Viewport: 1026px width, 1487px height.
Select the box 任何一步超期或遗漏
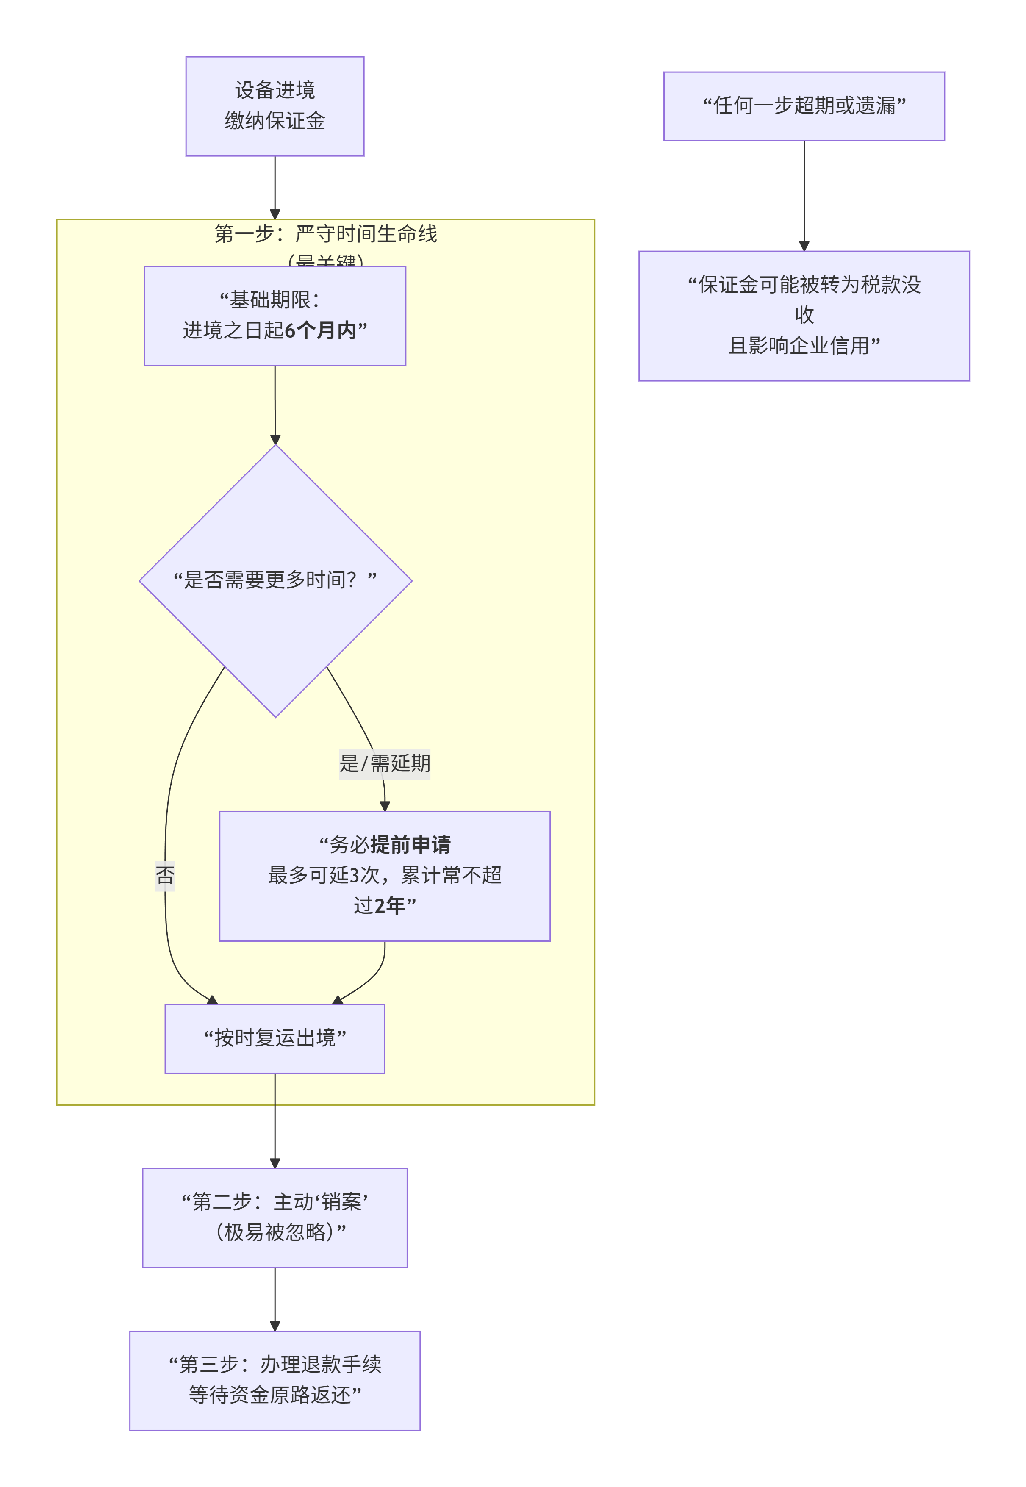[804, 106]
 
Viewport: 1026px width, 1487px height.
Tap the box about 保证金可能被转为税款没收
[804, 315]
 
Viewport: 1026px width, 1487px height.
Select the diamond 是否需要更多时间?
[275, 580]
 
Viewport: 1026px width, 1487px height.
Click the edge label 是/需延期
[384, 764]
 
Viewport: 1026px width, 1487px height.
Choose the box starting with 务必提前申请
[384, 876]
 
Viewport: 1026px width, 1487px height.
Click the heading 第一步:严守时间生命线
[325, 234]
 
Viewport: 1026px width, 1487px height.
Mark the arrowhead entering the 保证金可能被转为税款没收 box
[804, 246]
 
